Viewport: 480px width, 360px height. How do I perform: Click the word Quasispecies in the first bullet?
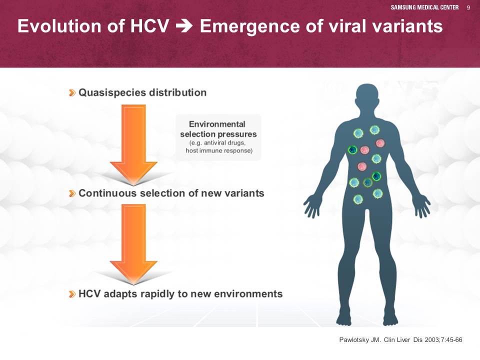(x=112, y=93)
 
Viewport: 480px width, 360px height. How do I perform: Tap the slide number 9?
(x=468, y=7)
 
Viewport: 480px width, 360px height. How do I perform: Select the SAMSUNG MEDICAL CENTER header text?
(x=424, y=7)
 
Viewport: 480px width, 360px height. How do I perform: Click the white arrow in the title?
(x=184, y=26)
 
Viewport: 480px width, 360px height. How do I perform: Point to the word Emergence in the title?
(x=250, y=26)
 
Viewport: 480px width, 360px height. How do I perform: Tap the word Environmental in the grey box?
(x=217, y=124)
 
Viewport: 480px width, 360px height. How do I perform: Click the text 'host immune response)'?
(x=219, y=150)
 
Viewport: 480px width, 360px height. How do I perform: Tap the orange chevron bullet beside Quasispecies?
(x=72, y=93)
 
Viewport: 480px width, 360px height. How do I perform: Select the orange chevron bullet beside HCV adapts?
(x=72, y=294)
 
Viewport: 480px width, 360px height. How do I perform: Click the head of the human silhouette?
(x=366, y=96)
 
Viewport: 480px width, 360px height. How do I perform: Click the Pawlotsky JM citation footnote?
(x=400, y=340)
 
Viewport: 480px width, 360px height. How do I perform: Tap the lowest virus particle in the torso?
(x=358, y=199)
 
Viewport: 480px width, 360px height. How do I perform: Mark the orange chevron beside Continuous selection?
(x=72, y=193)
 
